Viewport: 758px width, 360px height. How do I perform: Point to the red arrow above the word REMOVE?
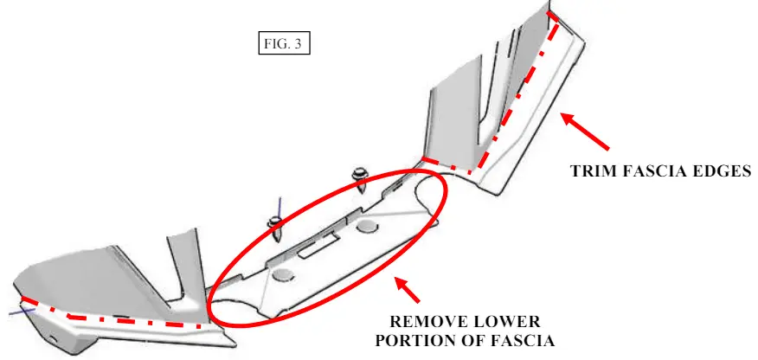407,290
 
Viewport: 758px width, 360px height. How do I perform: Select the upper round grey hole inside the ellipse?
368,226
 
